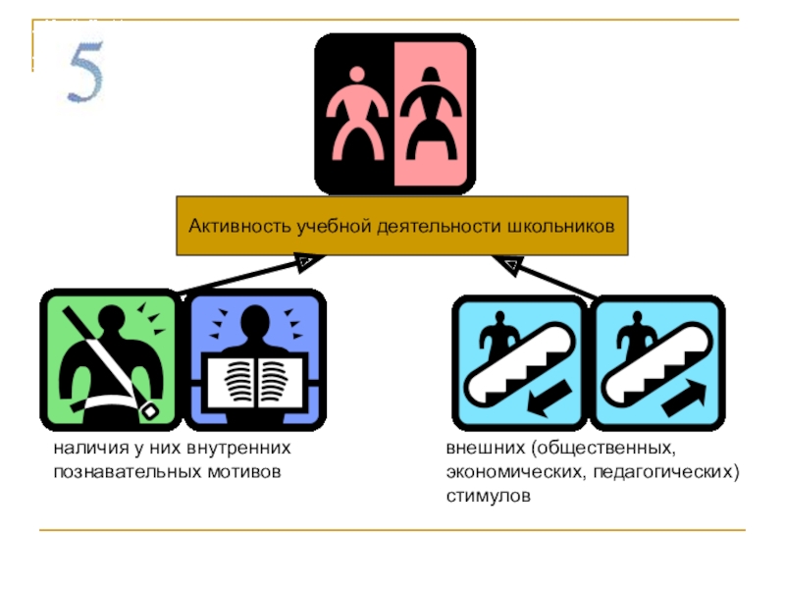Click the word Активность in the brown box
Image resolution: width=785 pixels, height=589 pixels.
[x=230, y=226]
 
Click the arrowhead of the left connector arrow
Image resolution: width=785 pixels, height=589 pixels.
[x=305, y=262]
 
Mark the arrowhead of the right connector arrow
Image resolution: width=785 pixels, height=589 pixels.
[x=507, y=263]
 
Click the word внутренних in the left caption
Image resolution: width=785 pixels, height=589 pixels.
[x=247, y=449]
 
